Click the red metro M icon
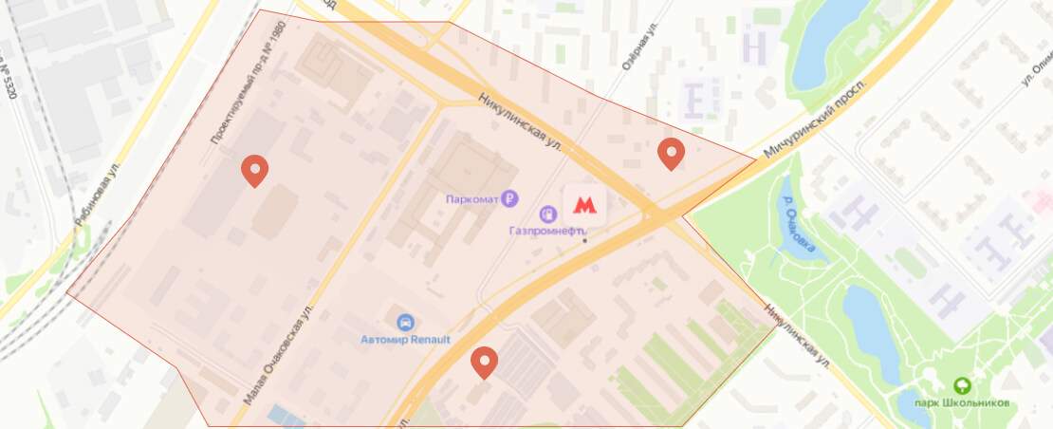click(x=585, y=204)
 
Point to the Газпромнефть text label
click(x=547, y=231)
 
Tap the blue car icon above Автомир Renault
click(x=405, y=322)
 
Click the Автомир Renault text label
click(x=405, y=339)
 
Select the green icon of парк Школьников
click(x=962, y=385)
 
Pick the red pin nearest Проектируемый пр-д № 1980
click(x=254, y=170)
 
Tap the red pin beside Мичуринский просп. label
click(x=671, y=152)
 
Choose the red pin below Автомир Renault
click(x=485, y=362)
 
